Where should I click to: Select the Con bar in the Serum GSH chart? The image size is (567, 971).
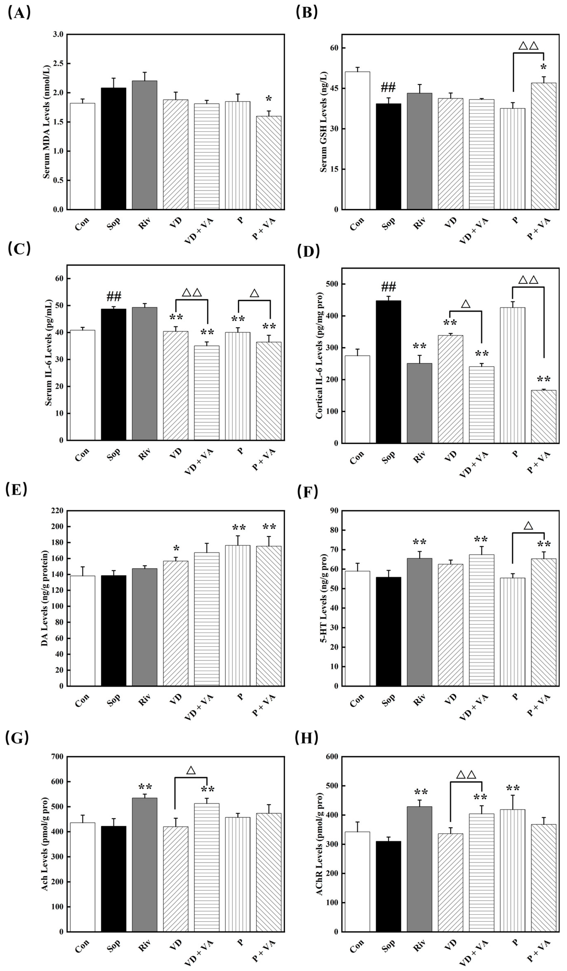pyautogui.click(x=357, y=141)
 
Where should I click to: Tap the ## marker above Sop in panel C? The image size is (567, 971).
pyautogui.click(x=113, y=297)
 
